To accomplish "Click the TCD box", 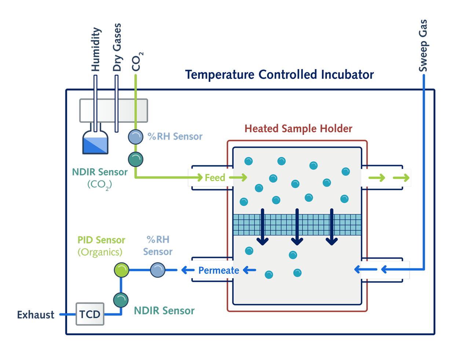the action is pyautogui.click(x=90, y=313).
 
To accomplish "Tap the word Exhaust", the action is pyautogui.click(x=36, y=315).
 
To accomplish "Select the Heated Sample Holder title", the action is pyautogui.click(x=298, y=129).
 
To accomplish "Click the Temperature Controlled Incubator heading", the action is pyautogui.click(x=279, y=75).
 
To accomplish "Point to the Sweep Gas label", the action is pyautogui.click(x=423, y=45).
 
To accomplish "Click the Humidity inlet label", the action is pyautogui.click(x=96, y=49).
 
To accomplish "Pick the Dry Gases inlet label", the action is pyautogui.click(x=117, y=47).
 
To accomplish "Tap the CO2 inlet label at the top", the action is pyautogui.click(x=137, y=62).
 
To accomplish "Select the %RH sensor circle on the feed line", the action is pyautogui.click(x=136, y=137).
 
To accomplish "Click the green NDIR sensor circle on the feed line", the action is pyautogui.click(x=136, y=159).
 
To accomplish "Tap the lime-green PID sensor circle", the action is pyautogui.click(x=121, y=270).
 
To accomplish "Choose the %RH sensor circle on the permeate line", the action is pyautogui.click(x=158, y=270).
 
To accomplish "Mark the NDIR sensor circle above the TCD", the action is pyautogui.click(x=121, y=300).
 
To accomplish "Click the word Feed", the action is pyautogui.click(x=215, y=178).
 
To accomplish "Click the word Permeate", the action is pyautogui.click(x=219, y=271).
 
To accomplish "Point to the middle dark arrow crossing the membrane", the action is pyautogui.click(x=297, y=227).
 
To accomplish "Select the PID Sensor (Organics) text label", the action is pyautogui.click(x=101, y=246).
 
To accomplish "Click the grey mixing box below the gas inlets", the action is pyautogui.click(x=114, y=111).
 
